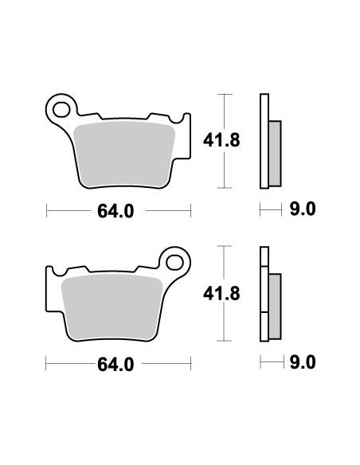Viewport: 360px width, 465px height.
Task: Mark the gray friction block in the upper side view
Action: click(276, 150)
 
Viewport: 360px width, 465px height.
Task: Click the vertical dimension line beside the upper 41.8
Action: click(226, 140)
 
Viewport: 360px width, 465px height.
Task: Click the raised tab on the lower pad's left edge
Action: click(50, 274)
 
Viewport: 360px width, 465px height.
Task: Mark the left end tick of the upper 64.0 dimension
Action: click(47, 211)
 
